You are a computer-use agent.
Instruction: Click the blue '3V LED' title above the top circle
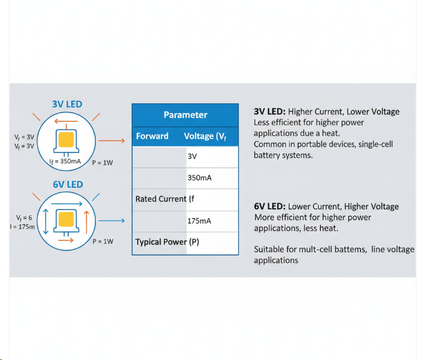click(67, 104)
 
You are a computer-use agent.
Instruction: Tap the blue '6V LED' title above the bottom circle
click(67, 184)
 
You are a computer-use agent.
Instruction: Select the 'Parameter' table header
click(186, 115)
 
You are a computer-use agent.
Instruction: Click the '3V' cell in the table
click(192, 156)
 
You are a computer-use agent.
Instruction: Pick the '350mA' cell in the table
click(199, 178)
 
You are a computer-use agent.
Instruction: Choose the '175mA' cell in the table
click(199, 221)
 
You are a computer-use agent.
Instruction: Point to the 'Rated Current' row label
click(161, 199)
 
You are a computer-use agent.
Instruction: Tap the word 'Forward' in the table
click(152, 136)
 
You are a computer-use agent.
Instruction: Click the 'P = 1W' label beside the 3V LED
click(102, 162)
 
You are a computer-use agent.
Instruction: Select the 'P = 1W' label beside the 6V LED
click(103, 241)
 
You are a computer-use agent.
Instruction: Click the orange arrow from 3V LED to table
click(111, 141)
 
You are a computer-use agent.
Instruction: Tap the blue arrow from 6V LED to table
click(111, 221)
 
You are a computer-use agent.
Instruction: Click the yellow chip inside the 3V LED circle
click(66, 139)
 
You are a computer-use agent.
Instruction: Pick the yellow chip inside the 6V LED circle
click(66, 219)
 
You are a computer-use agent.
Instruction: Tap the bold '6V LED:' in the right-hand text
click(269, 206)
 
